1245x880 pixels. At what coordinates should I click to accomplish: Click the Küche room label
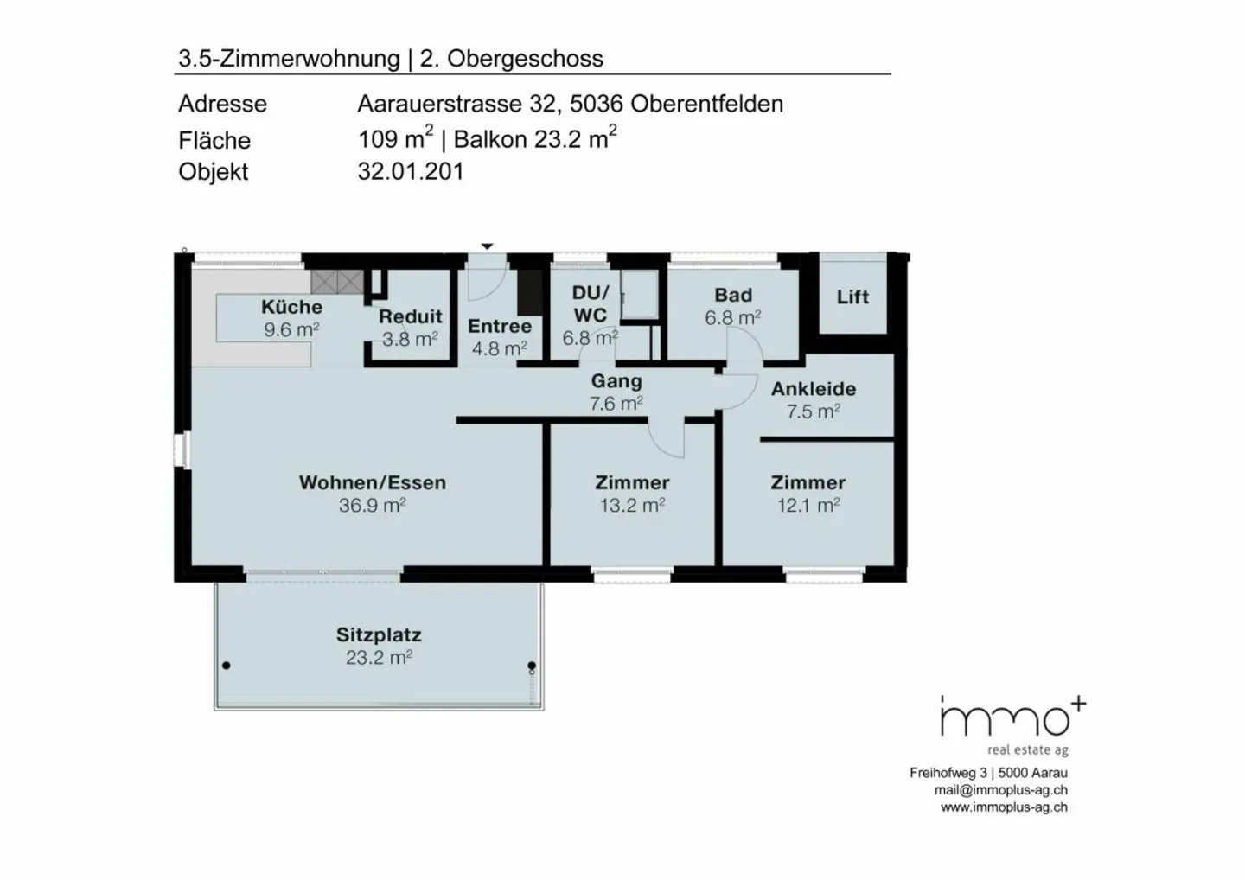(291, 307)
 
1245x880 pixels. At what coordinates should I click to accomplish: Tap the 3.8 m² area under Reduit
(410, 340)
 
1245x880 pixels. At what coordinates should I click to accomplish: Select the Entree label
(499, 327)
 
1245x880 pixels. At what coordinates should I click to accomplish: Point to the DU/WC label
(591, 303)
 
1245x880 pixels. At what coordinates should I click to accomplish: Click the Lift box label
(852, 297)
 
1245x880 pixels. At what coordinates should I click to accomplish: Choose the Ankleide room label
(813, 389)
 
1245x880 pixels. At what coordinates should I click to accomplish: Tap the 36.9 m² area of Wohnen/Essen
(372, 506)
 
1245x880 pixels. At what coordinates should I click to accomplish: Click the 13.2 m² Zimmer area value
(632, 506)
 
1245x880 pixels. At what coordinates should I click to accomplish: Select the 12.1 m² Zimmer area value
(808, 506)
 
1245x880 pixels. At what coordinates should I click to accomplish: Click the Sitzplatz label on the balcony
(379, 635)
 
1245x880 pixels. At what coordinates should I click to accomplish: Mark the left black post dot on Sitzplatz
(227, 666)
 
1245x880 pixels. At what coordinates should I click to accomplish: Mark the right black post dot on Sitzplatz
(532, 666)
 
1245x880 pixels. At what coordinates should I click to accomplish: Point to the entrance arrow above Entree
(487, 247)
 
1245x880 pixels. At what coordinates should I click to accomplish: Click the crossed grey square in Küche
(337, 282)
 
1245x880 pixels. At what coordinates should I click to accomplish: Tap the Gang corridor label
(616, 381)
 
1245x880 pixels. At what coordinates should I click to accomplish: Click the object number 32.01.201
(411, 171)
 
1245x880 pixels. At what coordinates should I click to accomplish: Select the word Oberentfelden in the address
(706, 104)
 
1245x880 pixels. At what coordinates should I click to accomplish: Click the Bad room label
(732, 296)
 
